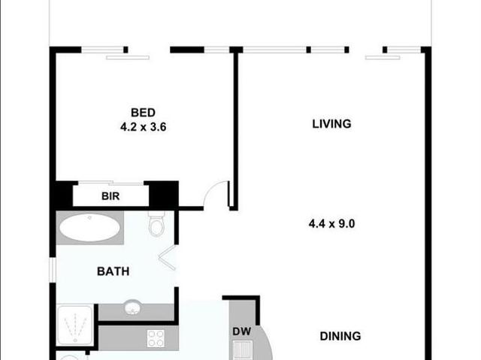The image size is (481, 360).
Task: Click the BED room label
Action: click(x=143, y=113)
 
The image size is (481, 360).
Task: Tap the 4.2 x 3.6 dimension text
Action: click(x=143, y=127)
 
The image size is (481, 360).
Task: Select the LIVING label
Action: click(x=331, y=123)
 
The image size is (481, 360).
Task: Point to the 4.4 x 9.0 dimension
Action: click(x=331, y=223)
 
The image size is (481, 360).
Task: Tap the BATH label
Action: click(x=112, y=271)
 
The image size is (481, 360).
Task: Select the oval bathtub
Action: click(x=89, y=227)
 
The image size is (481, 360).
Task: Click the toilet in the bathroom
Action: click(x=157, y=224)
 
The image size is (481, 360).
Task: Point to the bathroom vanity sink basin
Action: click(x=133, y=308)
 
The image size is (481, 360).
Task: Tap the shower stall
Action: click(x=76, y=324)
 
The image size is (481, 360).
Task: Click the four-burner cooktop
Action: click(x=156, y=338)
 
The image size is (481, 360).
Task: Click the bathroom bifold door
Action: click(x=168, y=258)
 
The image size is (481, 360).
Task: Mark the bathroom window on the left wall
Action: click(x=53, y=269)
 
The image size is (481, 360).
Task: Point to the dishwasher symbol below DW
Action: click(x=243, y=349)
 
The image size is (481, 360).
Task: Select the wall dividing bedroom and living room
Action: click(x=234, y=128)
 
